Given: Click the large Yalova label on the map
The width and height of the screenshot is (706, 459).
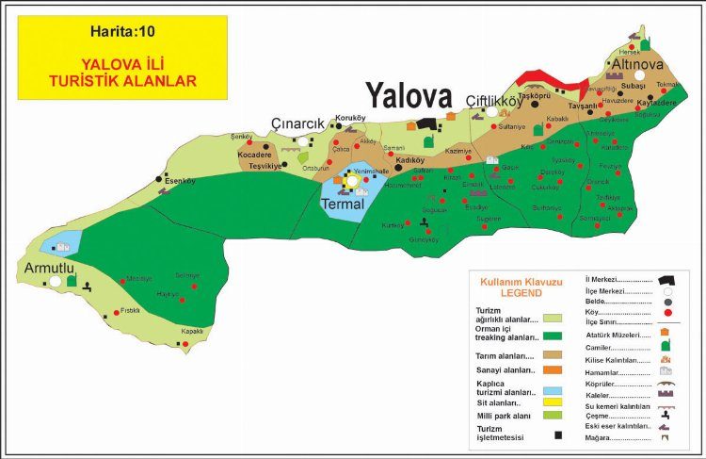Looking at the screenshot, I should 409,94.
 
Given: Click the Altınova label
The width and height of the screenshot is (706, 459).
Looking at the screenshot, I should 640,61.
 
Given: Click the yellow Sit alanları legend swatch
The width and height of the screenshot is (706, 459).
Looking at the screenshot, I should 553,402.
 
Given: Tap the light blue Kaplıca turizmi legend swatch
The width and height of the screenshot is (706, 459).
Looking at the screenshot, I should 553,390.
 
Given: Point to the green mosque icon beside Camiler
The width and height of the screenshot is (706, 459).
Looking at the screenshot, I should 665,347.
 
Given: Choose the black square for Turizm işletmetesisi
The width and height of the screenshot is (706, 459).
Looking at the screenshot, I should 558,434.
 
